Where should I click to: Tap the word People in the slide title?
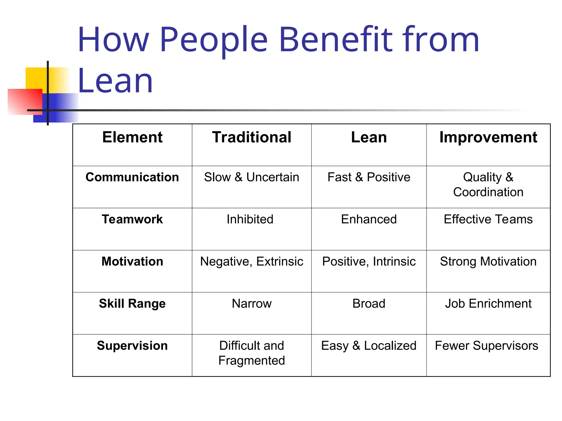pyautogui.click(x=213, y=40)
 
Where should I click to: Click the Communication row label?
pyautogui.click(x=132, y=177)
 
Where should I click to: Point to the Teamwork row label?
pyautogui.click(x=132, y=219)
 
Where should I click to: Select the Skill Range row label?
pyautogui.click(x=132, y=303)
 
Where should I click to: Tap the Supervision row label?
pyautogui.click(x=132, y=346)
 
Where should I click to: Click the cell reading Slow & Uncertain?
pyautogui.click(x=252, y=177)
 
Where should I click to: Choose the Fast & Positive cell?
pyautogui.click(x=369, y=177)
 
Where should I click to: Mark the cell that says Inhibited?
pyautogui.click(x=250, y=219)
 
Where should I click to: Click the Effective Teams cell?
pyautogui.click(x=488, y=219)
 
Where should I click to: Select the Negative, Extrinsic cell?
pyautogui.click(x=252, y=261)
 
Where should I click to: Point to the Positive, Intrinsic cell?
pyautogui.click(x=369, y=261)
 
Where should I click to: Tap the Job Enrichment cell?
pyautogui.click(x=488, y=303)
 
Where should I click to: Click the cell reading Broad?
pyautogui.click(x=369, y=303)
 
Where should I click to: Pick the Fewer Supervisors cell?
pyautogui.click(x=487, y=346)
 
